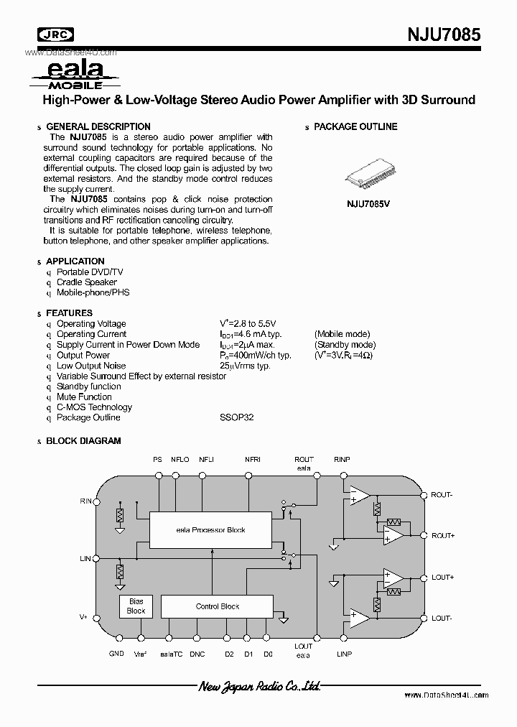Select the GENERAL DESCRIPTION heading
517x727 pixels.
coord(98,126)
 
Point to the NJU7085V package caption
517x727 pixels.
coord(368,203)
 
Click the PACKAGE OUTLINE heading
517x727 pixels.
coord(355,126)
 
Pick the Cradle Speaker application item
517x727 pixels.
coord(87,282)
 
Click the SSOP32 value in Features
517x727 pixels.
coord(237,417)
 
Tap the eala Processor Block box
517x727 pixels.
coord(210,530)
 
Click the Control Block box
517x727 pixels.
coord(218,606)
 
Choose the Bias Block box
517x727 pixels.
coord(136,606)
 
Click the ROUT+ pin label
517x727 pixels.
coord(442,536)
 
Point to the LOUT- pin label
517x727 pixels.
coord(442,619)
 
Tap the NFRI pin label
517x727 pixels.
coord(252,459)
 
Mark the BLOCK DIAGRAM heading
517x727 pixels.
coord(83,441)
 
